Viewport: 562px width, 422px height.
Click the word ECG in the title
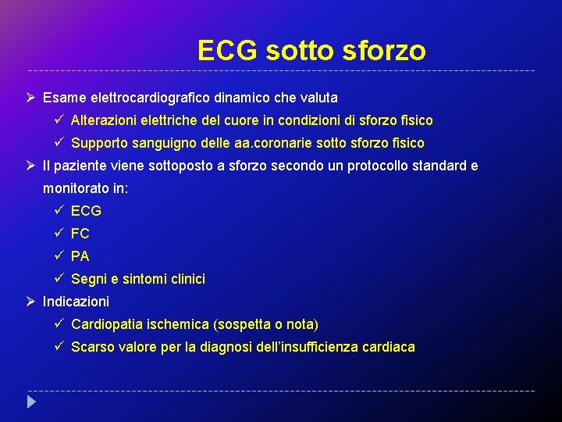(228, 51)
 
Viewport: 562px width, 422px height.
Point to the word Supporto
(98, 143)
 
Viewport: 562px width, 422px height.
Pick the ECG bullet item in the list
(86, 211)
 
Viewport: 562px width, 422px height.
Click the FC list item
(80, 234)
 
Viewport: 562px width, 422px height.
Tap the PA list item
(80, 256)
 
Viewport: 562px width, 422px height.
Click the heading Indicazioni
(76, 302)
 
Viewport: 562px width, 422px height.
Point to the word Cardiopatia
(108, 324)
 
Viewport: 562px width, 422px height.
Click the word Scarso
(93, 347)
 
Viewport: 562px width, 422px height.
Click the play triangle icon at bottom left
(31, 403)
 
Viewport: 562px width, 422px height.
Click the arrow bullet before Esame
(30, 98)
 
